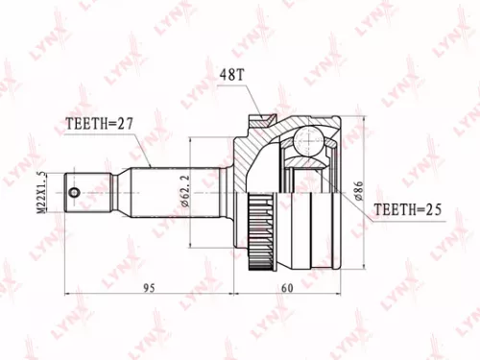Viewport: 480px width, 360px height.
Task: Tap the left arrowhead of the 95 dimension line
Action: point(67,290)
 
